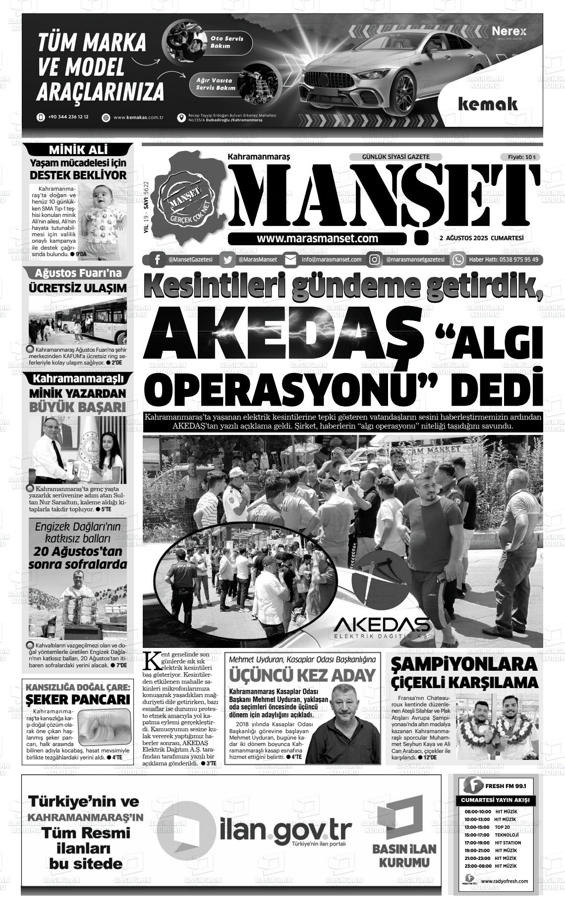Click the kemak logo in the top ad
[x=488, y=104]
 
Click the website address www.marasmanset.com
[x=317, y=238]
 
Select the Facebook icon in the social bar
[x=157, y=260]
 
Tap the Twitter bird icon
[x=227, y=260]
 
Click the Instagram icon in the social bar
[x=375, y=260]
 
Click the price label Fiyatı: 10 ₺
[x=521, y=157]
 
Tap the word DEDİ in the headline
[x=498, y=388]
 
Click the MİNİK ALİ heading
[x=79, y=150]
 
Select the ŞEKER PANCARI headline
[x=78, y=699]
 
